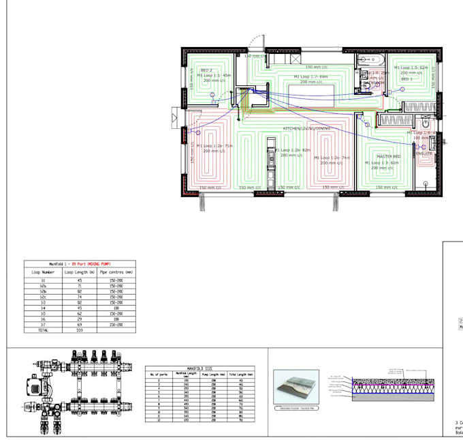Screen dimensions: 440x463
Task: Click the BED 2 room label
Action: [x=206, y=71]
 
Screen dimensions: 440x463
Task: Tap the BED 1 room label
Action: [x=407, y=79]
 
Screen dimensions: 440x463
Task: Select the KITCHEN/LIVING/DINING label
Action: [x=306, y=128]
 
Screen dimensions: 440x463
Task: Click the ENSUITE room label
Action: [x=425, y=154]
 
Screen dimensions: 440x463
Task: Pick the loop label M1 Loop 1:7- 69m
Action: [x=310, y=77]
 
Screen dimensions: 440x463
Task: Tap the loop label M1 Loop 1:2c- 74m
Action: [x=332, y=158]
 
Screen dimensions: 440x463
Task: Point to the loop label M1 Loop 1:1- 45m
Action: [x=213, y=76]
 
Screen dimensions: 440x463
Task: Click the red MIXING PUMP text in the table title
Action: [x=98, y=263]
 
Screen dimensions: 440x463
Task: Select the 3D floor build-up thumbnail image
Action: [x=297, y=386]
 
